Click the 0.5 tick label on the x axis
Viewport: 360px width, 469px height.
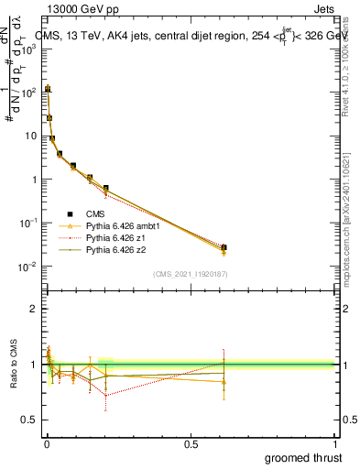pyautogui.click(x=190, y=444)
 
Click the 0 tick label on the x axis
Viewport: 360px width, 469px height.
pyautogui.click(x=45, y=444)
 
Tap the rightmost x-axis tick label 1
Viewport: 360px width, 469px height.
pyautogui.click(x=334, y=444)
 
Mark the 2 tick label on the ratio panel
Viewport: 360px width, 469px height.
pyautogui.click(x=34, y=309)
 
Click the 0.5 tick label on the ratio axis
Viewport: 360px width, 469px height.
pyautogui.click(x=30, y=420)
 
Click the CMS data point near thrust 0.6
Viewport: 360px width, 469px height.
pyautogui.click(x=224, y=247)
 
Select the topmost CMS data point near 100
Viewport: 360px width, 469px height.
pyautogui.click(x=48, y=90)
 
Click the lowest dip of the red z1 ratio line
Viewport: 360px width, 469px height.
pyautogui.click(x=106, y=395)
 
